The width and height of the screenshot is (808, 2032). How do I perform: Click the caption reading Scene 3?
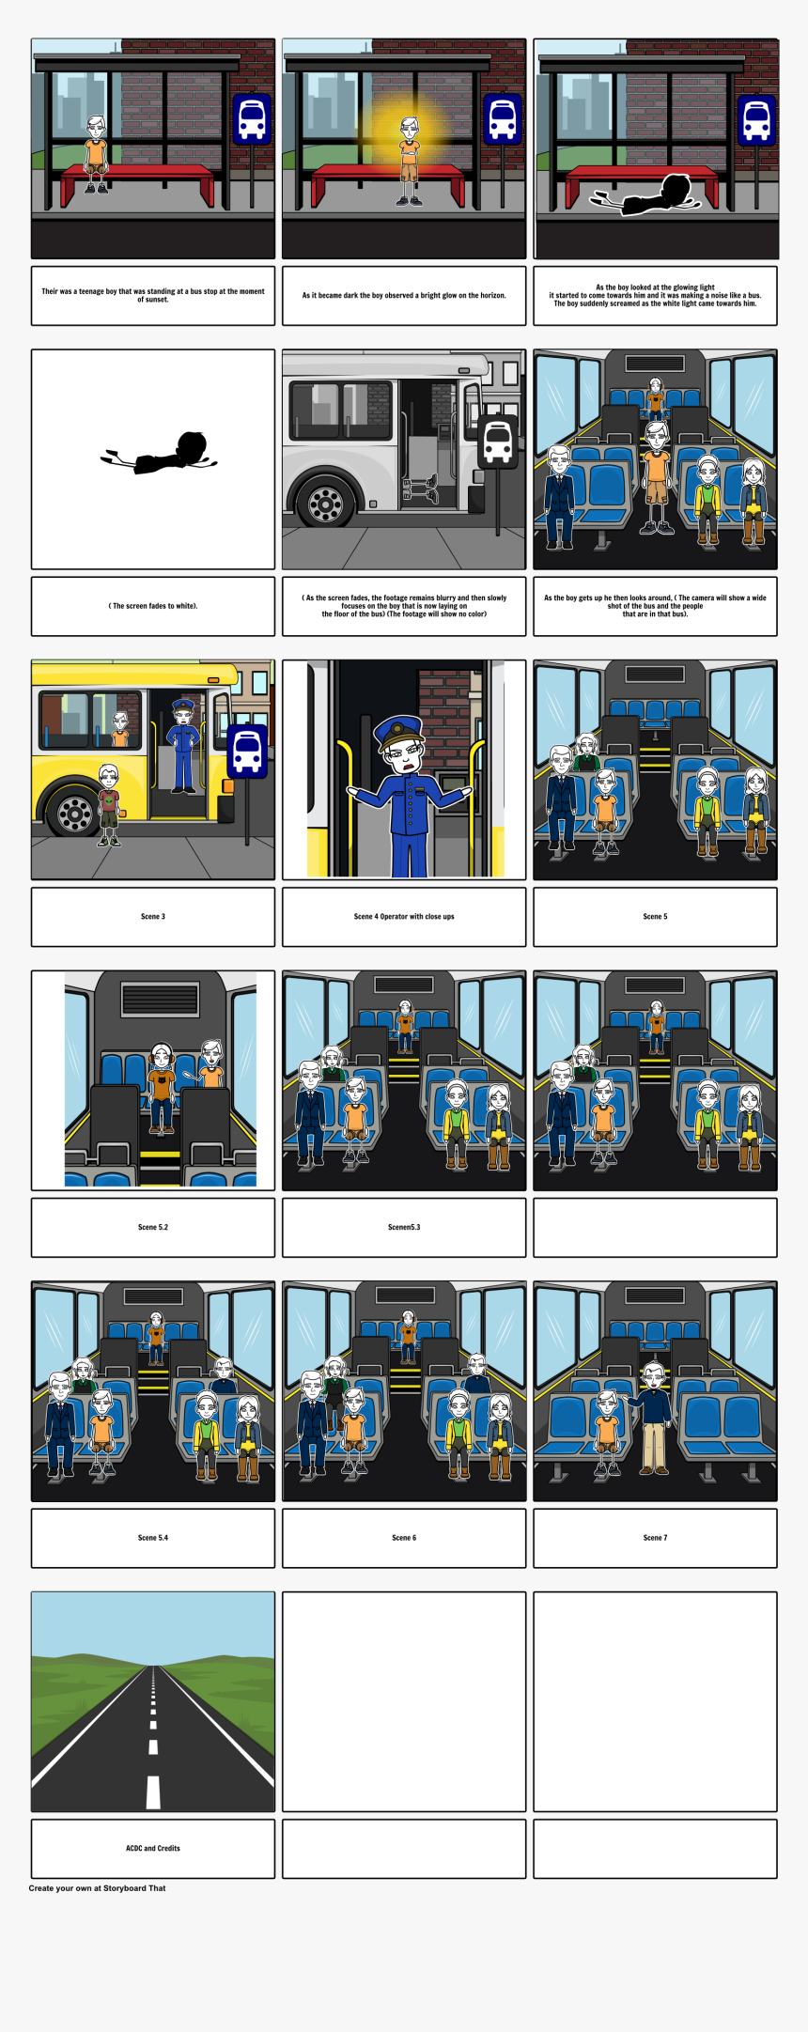(153, 916)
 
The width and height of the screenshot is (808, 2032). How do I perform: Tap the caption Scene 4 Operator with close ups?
(404, 916)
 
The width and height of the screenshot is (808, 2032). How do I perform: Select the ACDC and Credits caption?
(153, 1848)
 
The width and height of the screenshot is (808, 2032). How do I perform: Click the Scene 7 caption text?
(655, 1538)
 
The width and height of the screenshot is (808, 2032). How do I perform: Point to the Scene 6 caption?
(404, 1538)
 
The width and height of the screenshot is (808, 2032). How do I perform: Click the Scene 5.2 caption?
(153, 1227)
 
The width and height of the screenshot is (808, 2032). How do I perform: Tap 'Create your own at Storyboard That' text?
(97, 1887)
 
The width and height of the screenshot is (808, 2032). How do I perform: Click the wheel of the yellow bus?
(74, 811)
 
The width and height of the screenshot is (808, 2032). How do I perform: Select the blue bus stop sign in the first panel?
(252, 119)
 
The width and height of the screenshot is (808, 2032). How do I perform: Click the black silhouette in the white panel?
(159, 453)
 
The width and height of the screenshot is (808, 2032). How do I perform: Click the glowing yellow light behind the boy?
(407, 132)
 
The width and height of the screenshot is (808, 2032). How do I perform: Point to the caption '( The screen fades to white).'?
(153, 606)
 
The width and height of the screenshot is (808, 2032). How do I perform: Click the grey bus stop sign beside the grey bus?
(497, 442)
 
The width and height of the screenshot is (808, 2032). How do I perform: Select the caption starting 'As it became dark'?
(404, 295)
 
